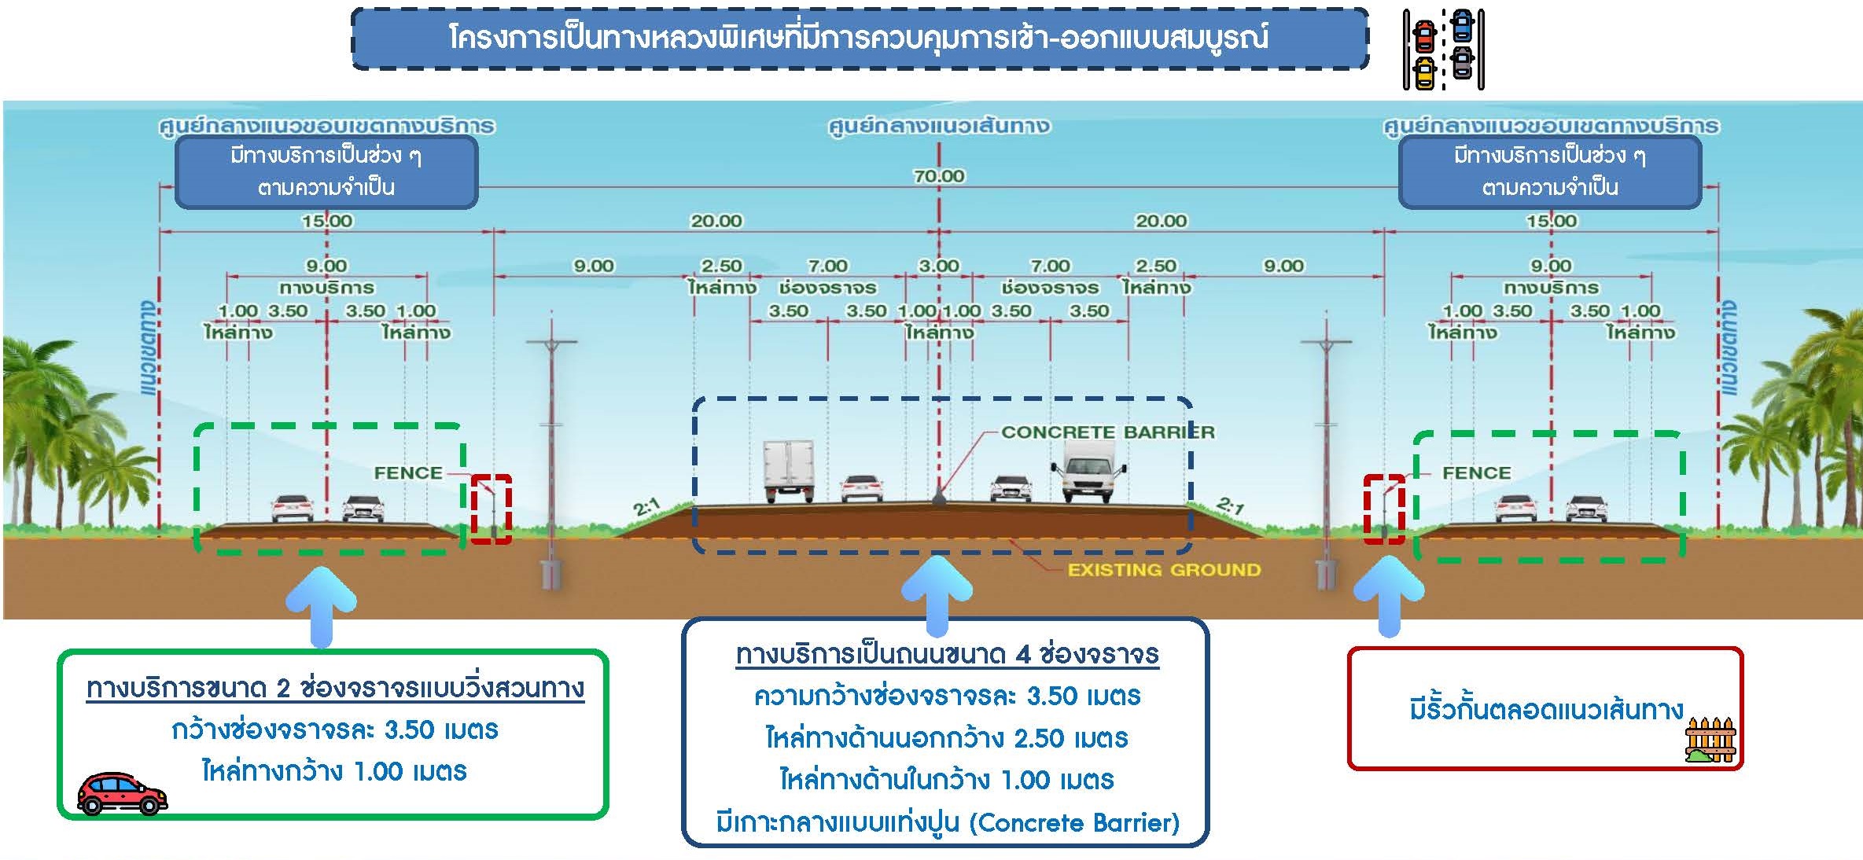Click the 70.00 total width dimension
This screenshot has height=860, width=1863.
coord(938,176)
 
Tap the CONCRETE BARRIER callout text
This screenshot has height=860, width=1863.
coord(1107,432)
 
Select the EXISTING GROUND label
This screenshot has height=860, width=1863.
coord(1163,570)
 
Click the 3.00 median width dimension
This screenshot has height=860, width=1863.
coord(938,266)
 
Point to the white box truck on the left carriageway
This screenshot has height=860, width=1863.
coord(788,470)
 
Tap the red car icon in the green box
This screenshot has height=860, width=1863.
coord(122,792)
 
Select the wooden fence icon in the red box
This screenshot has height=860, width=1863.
coord(1711,740)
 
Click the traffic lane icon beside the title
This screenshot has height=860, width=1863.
coord(1443,49)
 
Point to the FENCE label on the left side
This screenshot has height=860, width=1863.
coord(407,473)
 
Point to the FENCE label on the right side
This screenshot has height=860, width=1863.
coord(1476,473)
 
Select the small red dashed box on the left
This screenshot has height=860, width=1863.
coord(492,509)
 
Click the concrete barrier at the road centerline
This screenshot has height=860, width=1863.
coord(938,497)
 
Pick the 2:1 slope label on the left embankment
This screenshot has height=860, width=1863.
coord(646,508)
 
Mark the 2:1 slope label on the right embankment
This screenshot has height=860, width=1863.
coord(1230,505)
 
